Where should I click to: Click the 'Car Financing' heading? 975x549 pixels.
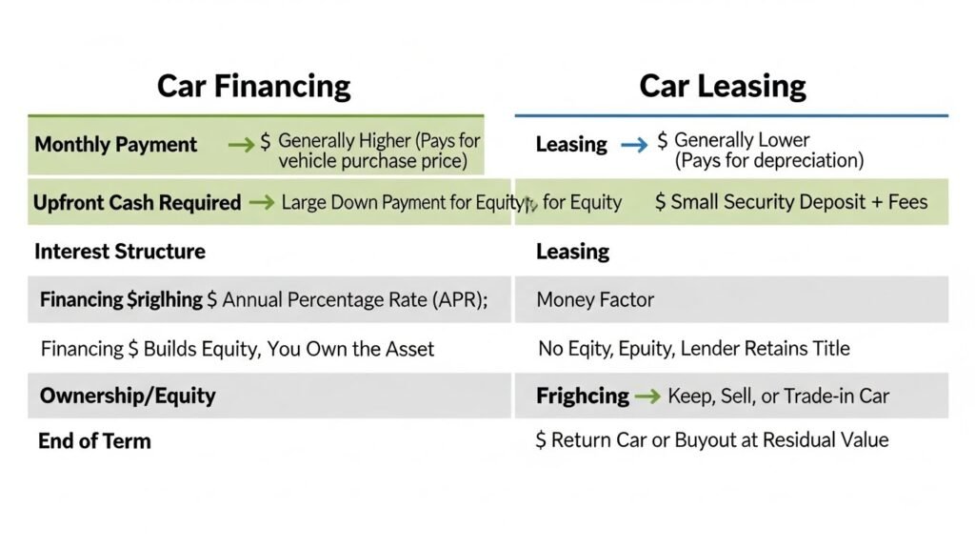click(x=253, y=86)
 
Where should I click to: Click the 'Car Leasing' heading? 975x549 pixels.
click(x=723, y=86)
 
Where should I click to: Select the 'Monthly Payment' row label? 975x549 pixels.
click(x=115, y=145)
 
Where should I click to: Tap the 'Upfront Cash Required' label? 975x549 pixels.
click(x=137, y=202)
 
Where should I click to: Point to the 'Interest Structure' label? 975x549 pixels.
click(x=120, y=252)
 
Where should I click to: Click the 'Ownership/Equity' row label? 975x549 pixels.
click(x=128, y=396)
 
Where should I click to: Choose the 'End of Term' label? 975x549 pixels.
click(x=94, y=441)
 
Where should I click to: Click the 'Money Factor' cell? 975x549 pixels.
click(x=595, y=299)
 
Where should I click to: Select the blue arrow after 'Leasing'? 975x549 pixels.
click(x=633, y=145)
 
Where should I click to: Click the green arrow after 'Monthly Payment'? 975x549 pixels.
click(x=241, y=145)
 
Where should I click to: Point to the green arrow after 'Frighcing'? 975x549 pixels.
click(x=647, y=396)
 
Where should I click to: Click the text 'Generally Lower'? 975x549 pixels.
click(x=742, y=141)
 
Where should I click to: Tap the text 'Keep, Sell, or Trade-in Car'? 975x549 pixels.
click(x=778, y=396)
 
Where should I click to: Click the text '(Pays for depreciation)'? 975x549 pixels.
click(x=769, y=161)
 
